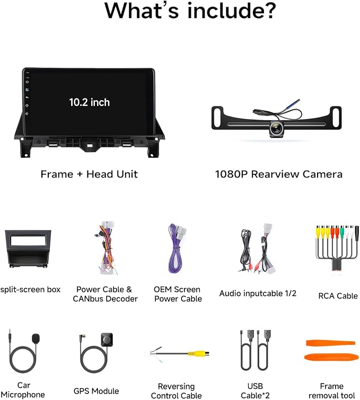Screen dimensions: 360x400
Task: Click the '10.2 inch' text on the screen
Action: pyautogui.click(x=90, y=102)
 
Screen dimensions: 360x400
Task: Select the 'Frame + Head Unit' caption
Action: pyautogui.click(x=89, y=174)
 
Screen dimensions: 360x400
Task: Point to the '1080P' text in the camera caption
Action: pyautogui.click(x=232, y=174)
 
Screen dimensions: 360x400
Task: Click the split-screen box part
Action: pyautogui.click(x=28, y=248)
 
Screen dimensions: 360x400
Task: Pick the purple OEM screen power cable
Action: pyautogui.click(x=177, y=248)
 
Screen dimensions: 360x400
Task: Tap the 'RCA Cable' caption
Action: pyautogui.click(x=338, y=296)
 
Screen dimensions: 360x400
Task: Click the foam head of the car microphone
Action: pyautogui.click(x=36, y=338)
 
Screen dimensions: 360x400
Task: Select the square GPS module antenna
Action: pyautogui.click(x=107, y=340)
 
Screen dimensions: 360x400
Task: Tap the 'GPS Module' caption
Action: pyautogui.click(x=96, y=391)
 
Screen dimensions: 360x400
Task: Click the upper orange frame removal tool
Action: pyautogui.click(x=331, y=343)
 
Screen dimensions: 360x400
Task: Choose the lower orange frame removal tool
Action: pyautogui.click(x=330, y=357)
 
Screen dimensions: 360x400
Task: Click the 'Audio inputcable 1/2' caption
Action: pyautogui.click(x=258, y=294)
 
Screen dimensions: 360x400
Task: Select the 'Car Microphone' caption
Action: pyautogui.click(x=23, y=390)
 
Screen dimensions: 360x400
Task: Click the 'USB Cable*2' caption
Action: pyautogui.click(x=255, y=390)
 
